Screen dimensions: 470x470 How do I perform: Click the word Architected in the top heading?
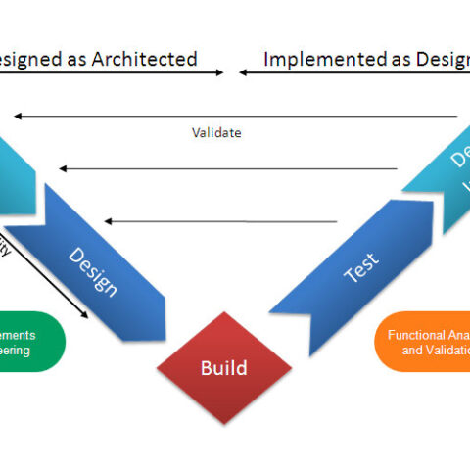point(146,59)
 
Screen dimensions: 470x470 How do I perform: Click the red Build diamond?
point(224,368)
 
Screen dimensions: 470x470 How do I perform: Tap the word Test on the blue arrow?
point(360,265)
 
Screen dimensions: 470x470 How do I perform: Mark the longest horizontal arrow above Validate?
point(235,117)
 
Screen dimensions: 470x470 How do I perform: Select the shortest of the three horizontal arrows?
point(220,221)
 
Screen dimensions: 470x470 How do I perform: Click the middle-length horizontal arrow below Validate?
point(227,169)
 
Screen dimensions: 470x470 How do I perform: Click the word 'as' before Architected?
point(77,59)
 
